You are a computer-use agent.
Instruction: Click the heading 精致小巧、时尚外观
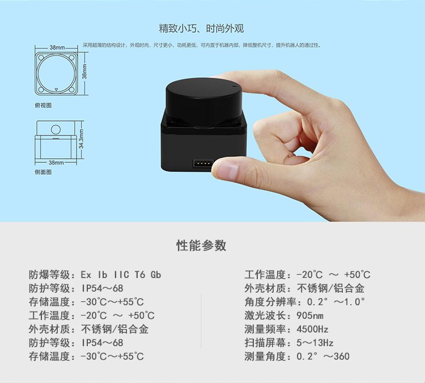point(201,28)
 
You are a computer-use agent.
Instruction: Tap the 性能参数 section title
point(201,245)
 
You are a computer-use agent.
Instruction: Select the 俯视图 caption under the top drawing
point(43,106)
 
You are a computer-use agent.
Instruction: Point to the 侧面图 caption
point(43,172)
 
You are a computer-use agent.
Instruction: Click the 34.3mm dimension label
point(81,139)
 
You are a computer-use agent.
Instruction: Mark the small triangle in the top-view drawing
point(56,89)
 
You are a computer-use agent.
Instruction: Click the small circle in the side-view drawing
point(56,129)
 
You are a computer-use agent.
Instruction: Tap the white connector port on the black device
point(202,163)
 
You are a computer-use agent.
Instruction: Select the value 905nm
point(310,315)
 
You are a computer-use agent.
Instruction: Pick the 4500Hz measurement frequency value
point(312,329)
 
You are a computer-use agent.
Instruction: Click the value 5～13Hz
point(314,343)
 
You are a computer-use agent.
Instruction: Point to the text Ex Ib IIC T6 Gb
point(121,275)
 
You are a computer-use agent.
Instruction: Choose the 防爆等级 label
point(49,275)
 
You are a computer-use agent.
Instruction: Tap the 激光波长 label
point(265,315)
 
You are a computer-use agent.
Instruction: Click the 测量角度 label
point(265,356)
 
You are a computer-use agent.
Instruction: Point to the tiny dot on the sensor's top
point(234,86)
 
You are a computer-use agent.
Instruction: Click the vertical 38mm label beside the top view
point(84,71)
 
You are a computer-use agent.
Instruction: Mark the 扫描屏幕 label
point(265,343)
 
